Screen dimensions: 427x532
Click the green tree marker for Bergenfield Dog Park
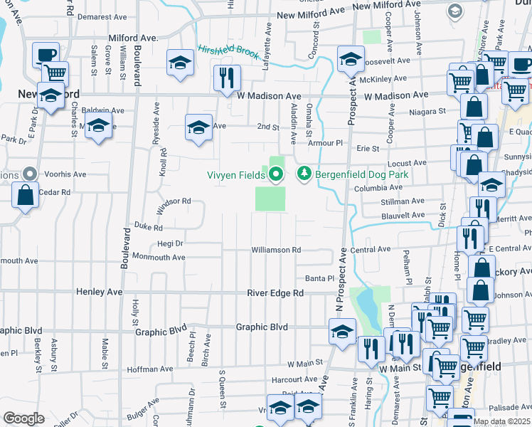pyautogui.click(x=304, y=174)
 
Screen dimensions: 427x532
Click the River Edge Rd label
pyautogui.click(x=275, y=293)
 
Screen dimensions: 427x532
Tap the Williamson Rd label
pyautogui.click(x=276, y=251)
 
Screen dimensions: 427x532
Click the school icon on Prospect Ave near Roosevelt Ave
pyautogui.click(x=350, y=59)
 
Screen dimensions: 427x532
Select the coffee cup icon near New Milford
pyautogui.click(x=46, y=54)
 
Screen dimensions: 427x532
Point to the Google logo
pyautogui.click(x=23, y=418)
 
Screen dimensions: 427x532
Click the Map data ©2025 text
pyautogui.click(x=501, y=422)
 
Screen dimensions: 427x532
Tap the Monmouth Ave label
pyautogui.click(x=158, y=257)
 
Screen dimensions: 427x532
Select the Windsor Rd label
pyautogui.click(x=174, y=201)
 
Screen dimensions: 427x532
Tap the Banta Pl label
pyautogui.click(x=319, y=278)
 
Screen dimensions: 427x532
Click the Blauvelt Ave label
pyautogui.click(x=403, y=214)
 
